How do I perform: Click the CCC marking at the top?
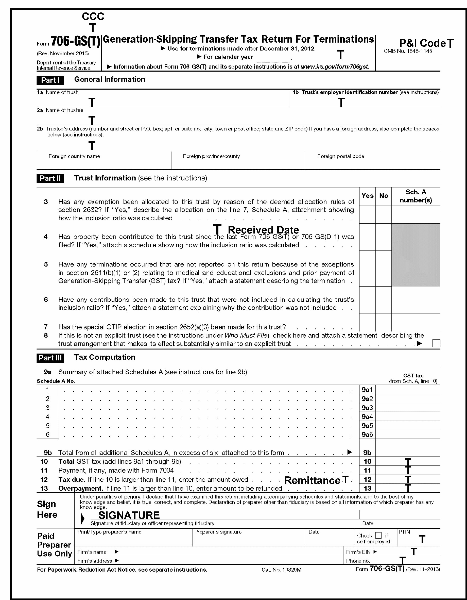pos(93,17)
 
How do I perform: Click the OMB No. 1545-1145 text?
pos(408,51)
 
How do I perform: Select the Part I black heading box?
pos(50,80)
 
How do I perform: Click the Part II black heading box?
pos(50,178)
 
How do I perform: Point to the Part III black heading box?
pos(50,358)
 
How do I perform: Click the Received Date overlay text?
pos(263,230)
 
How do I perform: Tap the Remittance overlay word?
pos(313,480)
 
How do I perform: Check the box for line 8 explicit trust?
pos(436,343)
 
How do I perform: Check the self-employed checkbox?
pos(378,535)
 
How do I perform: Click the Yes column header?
pos(367,196)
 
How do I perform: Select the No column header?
pos(384,196)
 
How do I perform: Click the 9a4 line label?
pos(367,417)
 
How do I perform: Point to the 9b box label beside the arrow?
pos(367,453)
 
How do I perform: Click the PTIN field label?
pos(404,532)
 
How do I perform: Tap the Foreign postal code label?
pos(340,156)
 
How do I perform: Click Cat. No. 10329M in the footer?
pos(281,570)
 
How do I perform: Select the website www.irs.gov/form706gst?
pos(335,67)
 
